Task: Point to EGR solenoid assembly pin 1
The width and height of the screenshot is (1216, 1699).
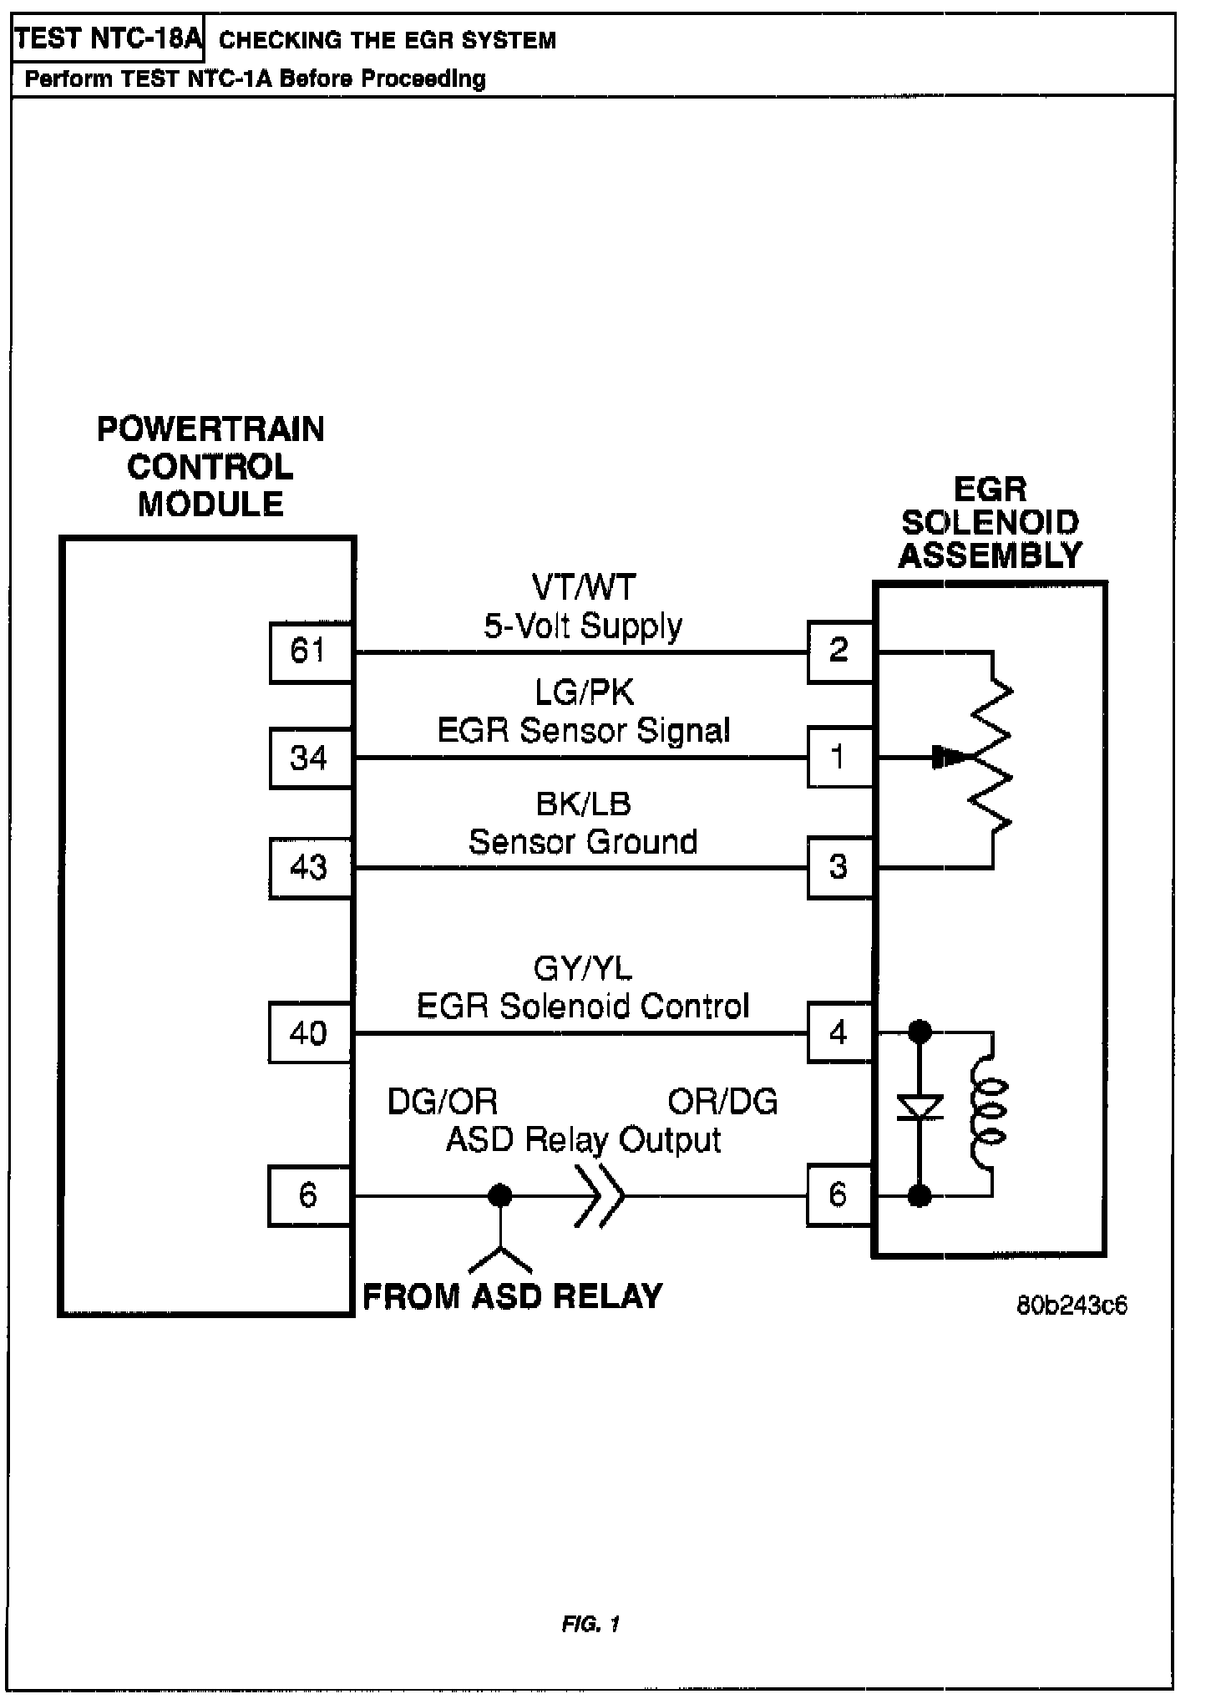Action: click(x=839, y=758)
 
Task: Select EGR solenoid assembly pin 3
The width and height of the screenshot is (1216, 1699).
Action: click(x=839, y=868)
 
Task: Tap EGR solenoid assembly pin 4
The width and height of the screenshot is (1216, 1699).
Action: click(x=839, y=1033)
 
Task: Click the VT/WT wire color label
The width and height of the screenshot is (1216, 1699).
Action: click(x=584, y=587)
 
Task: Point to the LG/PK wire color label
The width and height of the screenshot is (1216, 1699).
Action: click(x=584, y=692)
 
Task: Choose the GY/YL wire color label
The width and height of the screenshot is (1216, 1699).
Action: click(x=584, y=969)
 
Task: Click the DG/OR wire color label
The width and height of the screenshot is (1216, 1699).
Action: click(x=443, y=1103)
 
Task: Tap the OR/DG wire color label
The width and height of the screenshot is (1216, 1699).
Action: click(x=722, y=1103)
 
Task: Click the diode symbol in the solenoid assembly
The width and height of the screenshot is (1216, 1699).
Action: click(x=920, y=1108)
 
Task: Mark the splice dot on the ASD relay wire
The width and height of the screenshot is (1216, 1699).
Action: click(x=499, y=1195)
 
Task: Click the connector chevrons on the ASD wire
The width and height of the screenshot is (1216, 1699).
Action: click(x=599, y=1195)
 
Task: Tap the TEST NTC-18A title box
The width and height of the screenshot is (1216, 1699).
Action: click(x=108, y=39)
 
